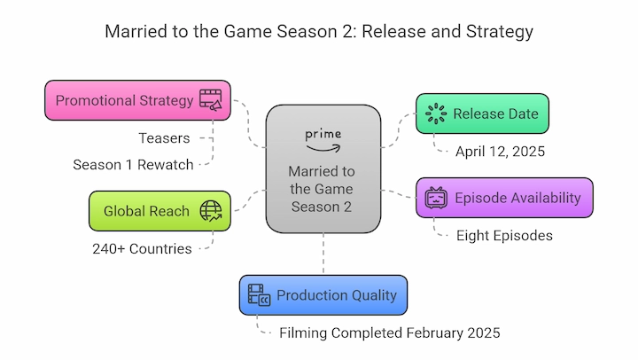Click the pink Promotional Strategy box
coord(137,100)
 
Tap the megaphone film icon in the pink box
coord(210,100)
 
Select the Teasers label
coord(164,138)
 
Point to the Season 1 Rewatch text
coord(133,165)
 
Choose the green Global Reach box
coord(159,211)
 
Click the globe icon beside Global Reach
coord(210,211)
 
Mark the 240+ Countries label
coord(142,249)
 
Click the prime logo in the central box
coord(323,140)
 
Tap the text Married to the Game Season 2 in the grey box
coord(322,189)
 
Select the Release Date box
coord(482,113)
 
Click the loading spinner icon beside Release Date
coord(436,113)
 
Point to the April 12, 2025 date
coord(500,152)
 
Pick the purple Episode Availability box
coord(504,198)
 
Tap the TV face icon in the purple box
coord(436,198)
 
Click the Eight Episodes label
coord(504,235)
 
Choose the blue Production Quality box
coord(323,295)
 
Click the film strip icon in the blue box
coord(259,295)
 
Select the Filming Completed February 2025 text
coord(389,333)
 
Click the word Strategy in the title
coord(499,32)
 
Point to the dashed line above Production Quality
coord(323,254)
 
